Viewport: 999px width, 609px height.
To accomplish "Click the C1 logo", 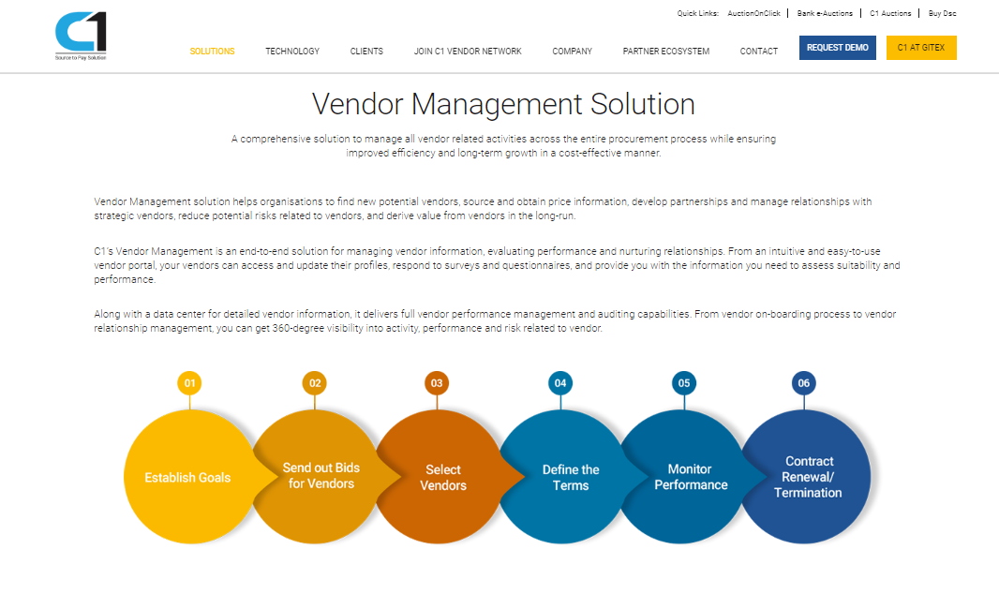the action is coord(81,36).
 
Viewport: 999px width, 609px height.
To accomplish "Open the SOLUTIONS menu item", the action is coord(212,51).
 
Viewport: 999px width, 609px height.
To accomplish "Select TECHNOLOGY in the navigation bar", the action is coord(292,51).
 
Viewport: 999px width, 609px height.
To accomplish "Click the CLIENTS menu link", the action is coord(366,51).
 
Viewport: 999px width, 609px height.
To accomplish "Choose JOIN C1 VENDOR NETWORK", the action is coord(468,51).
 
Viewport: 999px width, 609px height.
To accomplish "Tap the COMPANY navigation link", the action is coord(573,51).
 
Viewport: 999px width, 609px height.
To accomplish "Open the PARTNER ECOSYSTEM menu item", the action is coord(665,51).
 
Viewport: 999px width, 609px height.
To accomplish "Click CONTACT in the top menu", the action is coord(759,51).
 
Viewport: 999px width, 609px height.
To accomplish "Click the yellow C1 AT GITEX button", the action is coord(921,48).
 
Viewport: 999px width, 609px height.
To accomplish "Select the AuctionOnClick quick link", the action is coord(753,13).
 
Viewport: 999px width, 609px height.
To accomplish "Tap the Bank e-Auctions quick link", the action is coord(825,13).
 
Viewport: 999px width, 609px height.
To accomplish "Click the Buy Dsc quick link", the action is coord(942,13).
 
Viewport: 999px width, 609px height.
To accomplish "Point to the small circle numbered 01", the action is coord(189,383).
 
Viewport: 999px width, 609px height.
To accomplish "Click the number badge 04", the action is coord(560,383).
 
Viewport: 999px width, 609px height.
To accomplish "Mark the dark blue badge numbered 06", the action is coord(803,383).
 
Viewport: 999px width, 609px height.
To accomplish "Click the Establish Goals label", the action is coord(187,478).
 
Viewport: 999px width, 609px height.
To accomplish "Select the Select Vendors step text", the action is coord(443,477).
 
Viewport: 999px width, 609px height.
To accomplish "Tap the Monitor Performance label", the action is coord(691,477).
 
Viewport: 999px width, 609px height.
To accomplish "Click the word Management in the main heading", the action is coord(497,105).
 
